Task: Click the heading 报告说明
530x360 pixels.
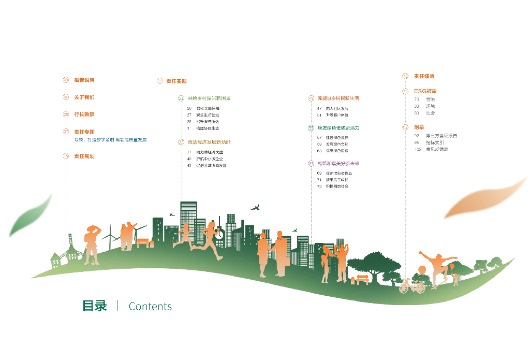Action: [84, 80]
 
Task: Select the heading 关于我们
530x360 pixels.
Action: [84, 97]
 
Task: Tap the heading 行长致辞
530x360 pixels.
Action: [84, 114]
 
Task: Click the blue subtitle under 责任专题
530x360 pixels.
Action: [110, 140]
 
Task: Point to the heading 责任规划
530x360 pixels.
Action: [84, 156]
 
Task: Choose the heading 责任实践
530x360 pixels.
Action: [176, 81]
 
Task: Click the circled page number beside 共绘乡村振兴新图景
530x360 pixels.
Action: [181, 98]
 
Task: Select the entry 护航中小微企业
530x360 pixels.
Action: [209, 159]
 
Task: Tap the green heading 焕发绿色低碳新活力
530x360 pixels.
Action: [338, 128]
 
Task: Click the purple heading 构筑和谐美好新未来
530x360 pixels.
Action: [338, 164]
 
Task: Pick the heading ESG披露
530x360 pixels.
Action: [425, 91]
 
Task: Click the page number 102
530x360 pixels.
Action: [418, 149]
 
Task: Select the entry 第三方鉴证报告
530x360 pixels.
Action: [441, 136]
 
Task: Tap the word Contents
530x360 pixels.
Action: [150, 307]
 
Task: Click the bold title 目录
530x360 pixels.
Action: [94, 306]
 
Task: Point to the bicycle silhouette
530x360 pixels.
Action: [411, 286]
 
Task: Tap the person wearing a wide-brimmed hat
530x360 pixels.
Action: [92, 243]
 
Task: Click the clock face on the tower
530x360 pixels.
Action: [220, 233]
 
